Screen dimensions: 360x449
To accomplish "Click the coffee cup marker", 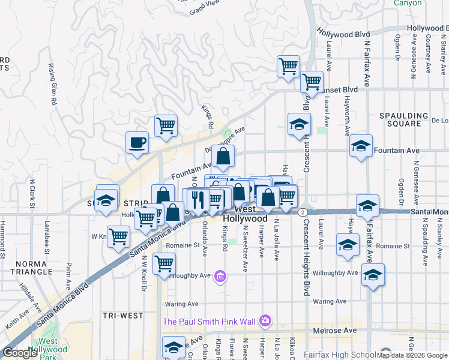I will [137, 143].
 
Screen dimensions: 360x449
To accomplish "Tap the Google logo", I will [20, 353].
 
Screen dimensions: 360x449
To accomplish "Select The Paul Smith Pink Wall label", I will [211, 322].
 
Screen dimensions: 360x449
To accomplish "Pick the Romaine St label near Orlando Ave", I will [182, 245].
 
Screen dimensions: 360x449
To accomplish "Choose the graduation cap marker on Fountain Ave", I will [361, 146].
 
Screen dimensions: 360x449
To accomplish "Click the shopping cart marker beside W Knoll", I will [119, 236].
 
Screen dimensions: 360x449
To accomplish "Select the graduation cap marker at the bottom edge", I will [173, 347].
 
